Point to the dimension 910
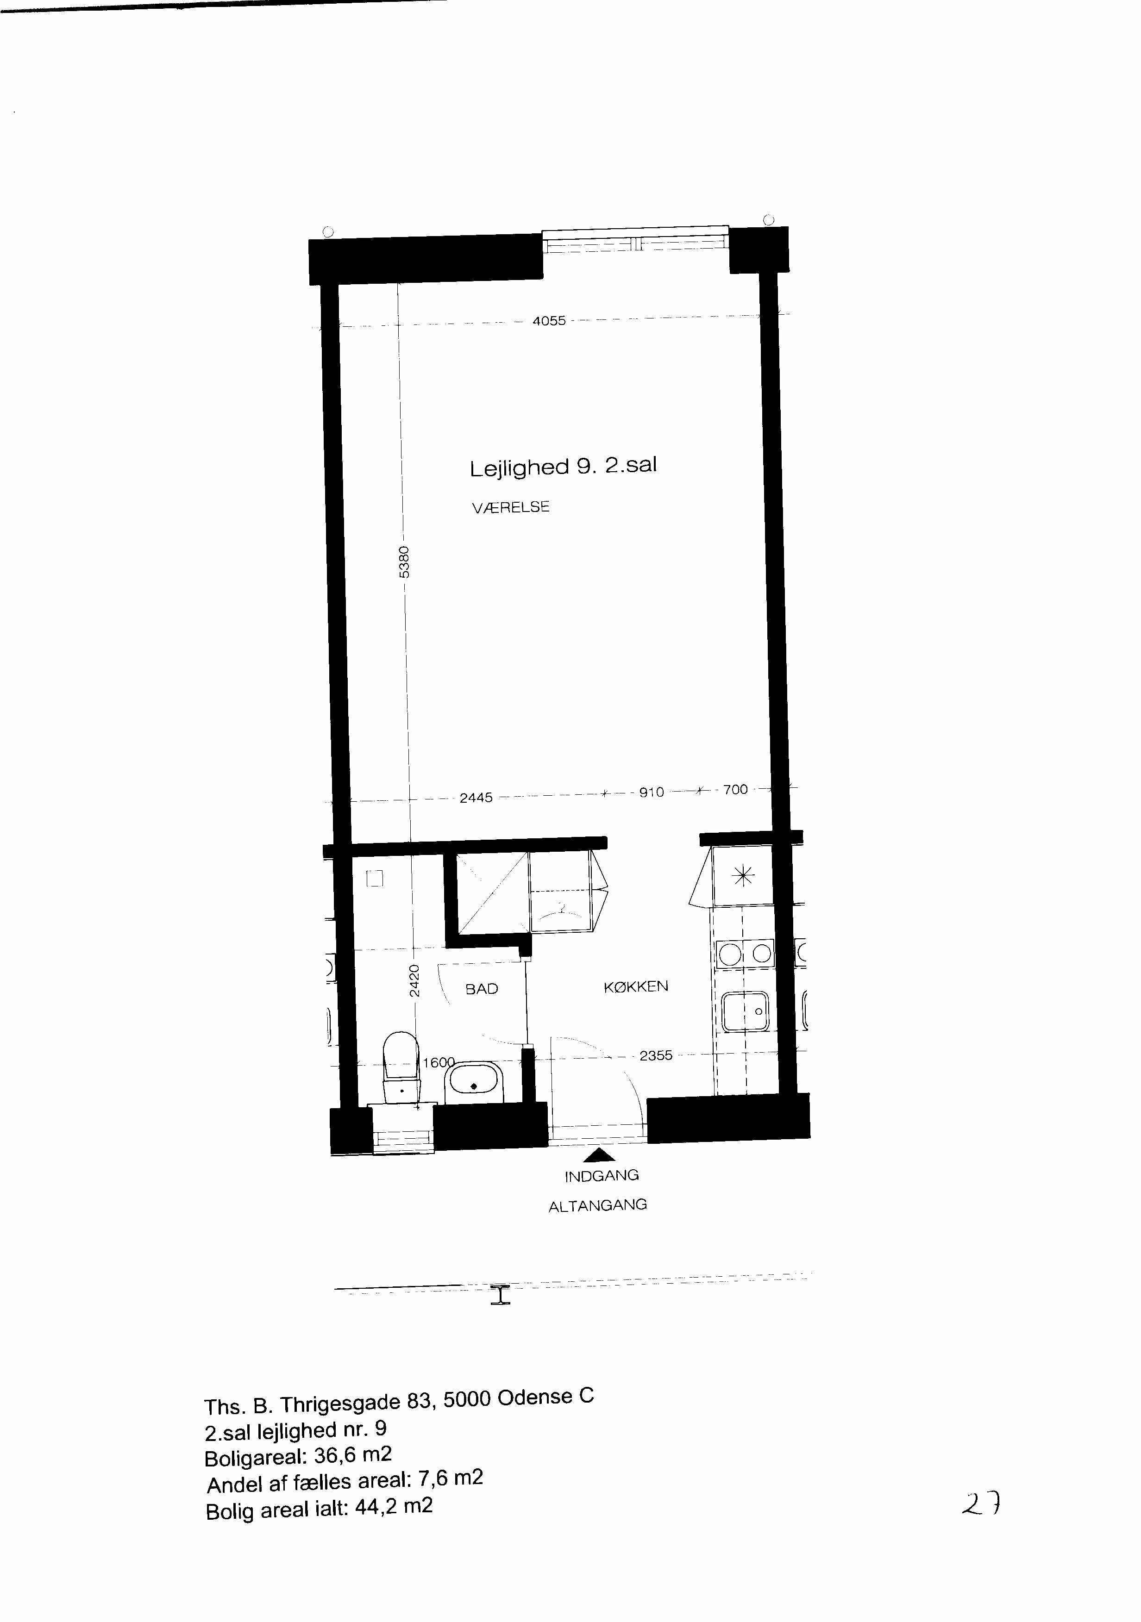[652, 792]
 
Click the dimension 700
[735, 789]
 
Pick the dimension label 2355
[656, 1055]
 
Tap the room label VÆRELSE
[510, 507]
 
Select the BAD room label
[482, 989]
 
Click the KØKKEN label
[636, 986]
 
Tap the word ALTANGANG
[598, 1205]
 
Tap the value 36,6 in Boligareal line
[336, 1457]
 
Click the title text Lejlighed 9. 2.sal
[563, 466]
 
